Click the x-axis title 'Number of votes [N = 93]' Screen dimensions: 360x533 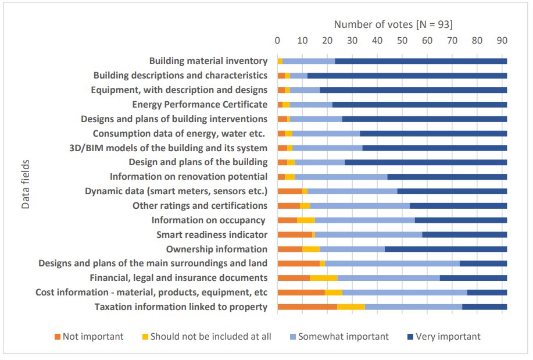(x=393, y=24)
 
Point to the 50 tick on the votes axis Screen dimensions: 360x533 (x=402, y=41)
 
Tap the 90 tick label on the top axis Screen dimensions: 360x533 (x=502, y=41)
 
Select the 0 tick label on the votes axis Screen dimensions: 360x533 (x=277, y=41)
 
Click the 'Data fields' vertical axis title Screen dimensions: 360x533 (x=26, y=184)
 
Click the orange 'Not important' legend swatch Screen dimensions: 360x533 (x=57, y=337)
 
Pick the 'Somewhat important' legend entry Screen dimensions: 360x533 (x=343, y=337)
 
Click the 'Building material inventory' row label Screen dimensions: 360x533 (x=208, y=61)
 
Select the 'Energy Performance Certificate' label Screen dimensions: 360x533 (x=199, y=105)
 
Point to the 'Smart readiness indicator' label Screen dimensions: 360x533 (x=212, y=235)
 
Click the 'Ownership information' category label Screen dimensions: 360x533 (x=216, y=249)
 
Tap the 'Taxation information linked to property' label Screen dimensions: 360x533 (x=181, y=307)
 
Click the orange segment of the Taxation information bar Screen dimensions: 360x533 (x=307, y=307)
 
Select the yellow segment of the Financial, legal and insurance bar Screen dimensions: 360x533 (x=323, y=278)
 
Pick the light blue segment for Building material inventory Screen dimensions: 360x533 (x=309, y=61)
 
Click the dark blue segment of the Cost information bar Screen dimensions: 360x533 (x=487, y=293)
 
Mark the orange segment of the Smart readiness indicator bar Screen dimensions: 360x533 (x=295, y=235)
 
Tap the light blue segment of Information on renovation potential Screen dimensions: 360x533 (x=341, y=177)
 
